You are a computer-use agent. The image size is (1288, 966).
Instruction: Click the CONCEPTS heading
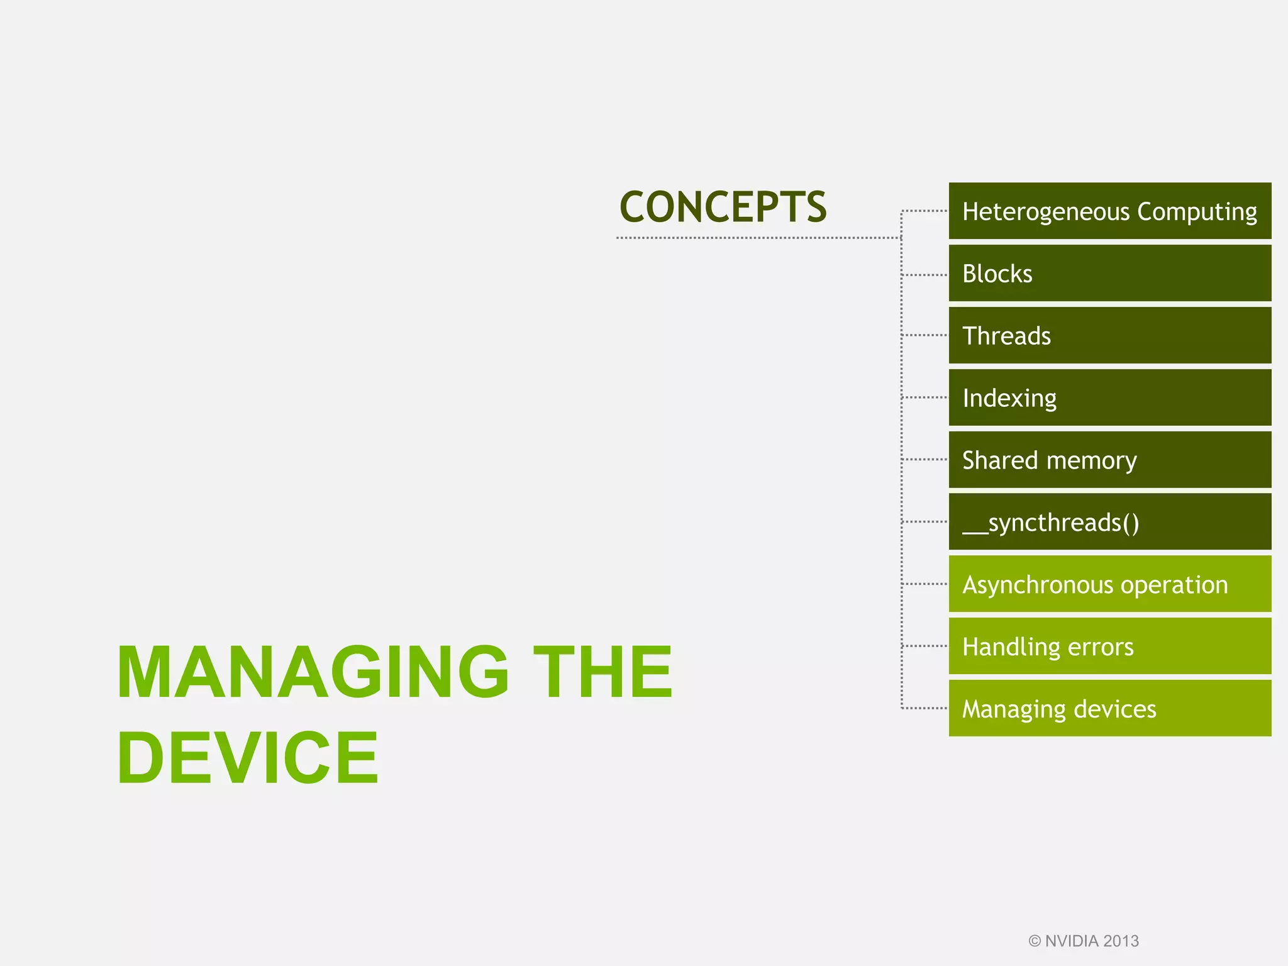[723, 207]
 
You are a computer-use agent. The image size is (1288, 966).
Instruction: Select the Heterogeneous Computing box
[1109, 211]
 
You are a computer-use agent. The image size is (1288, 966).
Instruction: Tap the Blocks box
[1109, 274]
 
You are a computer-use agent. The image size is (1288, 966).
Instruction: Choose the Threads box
[1109, 336]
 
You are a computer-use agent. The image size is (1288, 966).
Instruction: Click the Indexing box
[1109, 398]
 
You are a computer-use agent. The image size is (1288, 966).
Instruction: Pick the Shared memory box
[1109, 460]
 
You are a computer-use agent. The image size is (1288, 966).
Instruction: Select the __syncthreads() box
[1109, 522]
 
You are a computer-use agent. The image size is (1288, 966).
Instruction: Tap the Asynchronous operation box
[1109, 584]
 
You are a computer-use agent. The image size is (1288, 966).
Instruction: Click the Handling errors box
[1109, 647]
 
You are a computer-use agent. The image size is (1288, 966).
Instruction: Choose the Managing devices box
[1109, 709]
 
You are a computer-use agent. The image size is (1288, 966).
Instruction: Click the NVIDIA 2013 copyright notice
[1084, 941]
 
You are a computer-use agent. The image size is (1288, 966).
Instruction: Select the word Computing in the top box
[1197, 213]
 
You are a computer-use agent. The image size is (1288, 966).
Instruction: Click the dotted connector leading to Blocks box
[924, 275]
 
